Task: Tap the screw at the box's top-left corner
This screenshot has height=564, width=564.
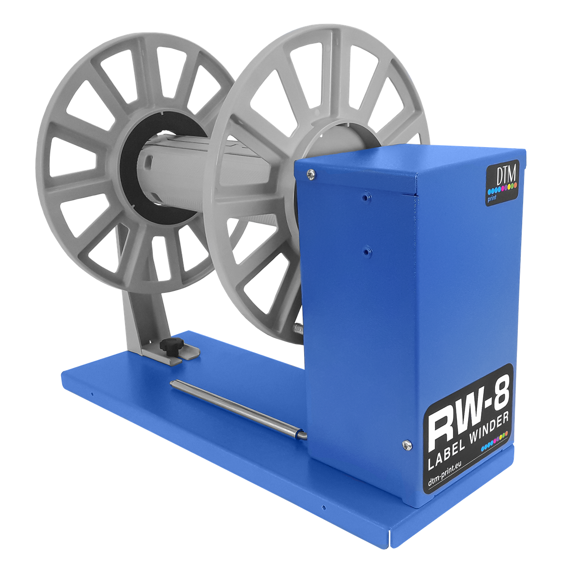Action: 310,174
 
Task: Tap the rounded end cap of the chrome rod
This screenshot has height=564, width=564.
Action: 301,436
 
